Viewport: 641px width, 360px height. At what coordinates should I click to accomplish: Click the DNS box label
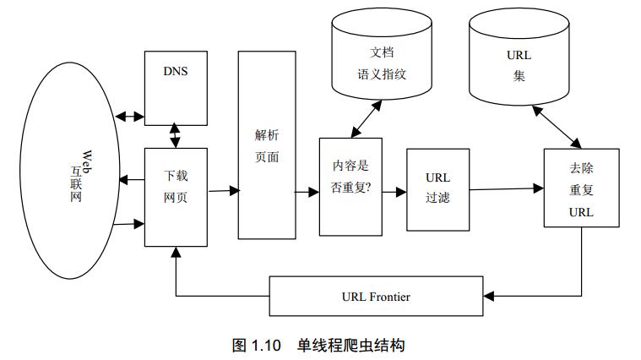click(x=176, y=71)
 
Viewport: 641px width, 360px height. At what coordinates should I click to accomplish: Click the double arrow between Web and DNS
click(x=129, y=117)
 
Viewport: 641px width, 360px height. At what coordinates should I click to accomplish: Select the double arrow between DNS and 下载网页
click(x=175, y=135)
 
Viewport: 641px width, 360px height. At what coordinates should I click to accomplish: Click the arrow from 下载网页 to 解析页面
click(x=224, y=191)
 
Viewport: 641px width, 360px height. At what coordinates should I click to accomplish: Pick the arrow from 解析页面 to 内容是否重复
click(x=307, y=192)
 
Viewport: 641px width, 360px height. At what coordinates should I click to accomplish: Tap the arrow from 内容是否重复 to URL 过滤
click(x=394, y=192)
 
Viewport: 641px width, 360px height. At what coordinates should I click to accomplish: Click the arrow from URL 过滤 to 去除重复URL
click(x=507, y=189)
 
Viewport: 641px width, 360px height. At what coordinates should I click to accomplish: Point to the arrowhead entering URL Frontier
click(x=488, y=296)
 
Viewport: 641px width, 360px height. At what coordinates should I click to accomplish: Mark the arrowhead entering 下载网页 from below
click(x=176, y=252)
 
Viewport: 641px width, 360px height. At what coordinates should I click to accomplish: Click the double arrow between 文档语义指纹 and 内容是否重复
click(x=367, y=119)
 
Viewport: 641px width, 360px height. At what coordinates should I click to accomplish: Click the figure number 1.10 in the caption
click(x=266, y=346)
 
